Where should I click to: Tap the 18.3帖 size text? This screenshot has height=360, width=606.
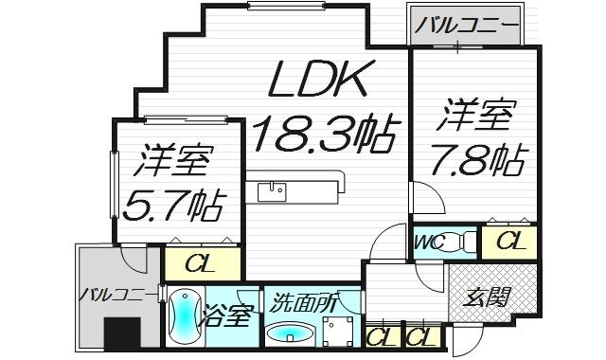pos(323,135)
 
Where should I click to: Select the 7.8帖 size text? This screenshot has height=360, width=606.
pos(478,161)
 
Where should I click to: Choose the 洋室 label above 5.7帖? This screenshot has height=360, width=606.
pos(172,162)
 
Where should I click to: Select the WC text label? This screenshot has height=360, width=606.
pos(427,243)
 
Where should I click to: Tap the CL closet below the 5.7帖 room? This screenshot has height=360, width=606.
pos(198,262)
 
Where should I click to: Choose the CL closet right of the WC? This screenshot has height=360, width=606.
pos(510,243)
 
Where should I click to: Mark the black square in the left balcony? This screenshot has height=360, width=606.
pos(122,335)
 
